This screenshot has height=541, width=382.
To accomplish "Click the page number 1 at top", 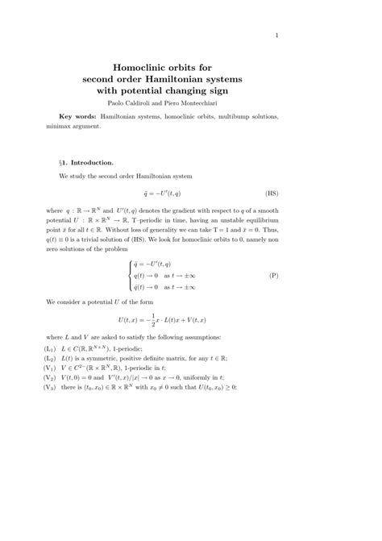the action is [276, 35].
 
